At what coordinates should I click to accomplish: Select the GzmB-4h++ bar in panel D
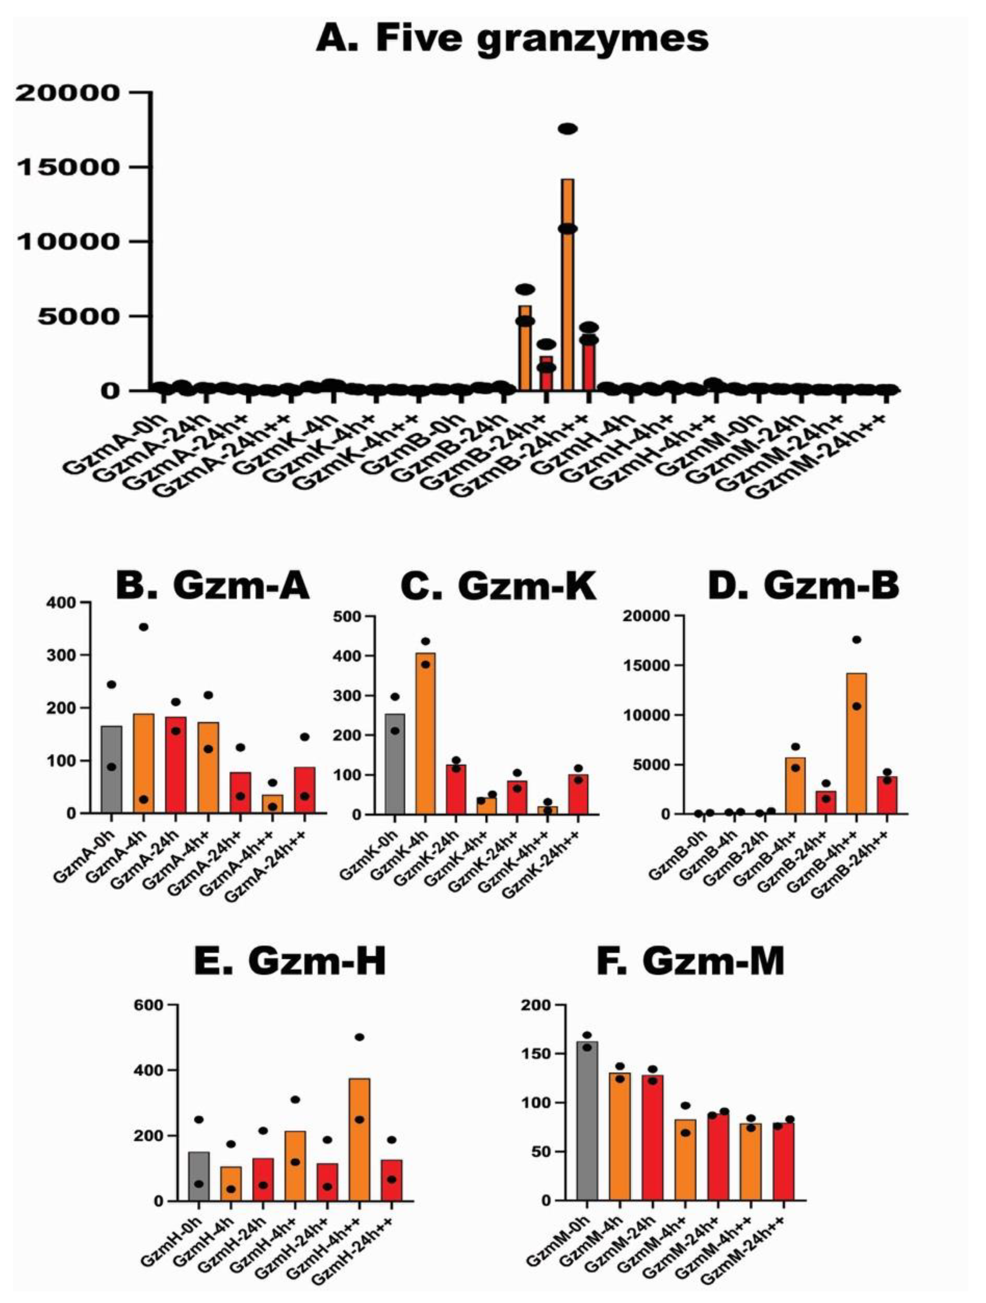pos(856,743)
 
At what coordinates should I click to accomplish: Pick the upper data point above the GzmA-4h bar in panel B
pos(143,627)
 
